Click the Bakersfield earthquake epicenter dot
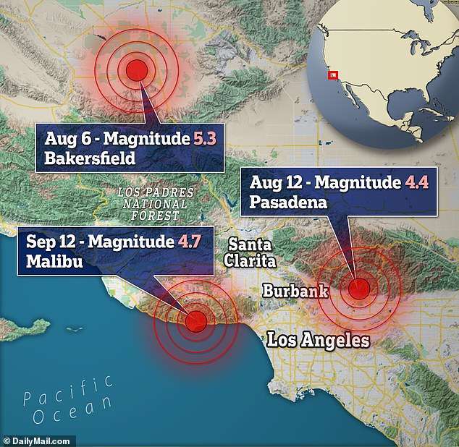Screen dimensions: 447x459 click(x=136, y=69)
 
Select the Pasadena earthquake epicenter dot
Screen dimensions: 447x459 click(x=358, y=289)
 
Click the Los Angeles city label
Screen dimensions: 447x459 click(x=318, y=340)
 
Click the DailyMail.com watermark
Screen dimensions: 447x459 click(x=38, y=440)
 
